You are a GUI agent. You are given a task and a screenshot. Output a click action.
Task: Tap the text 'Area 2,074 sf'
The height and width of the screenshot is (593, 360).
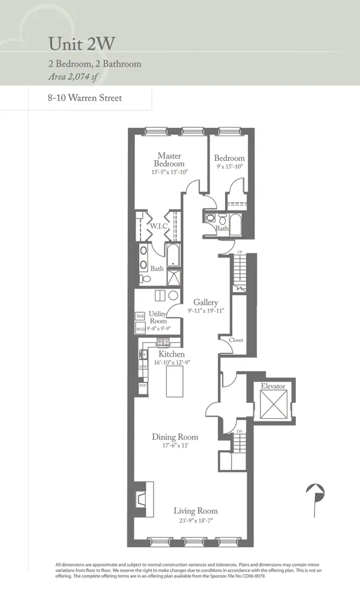pos(74,76)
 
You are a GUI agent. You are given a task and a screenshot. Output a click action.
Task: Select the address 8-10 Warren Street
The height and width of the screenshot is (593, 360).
pos(84,97)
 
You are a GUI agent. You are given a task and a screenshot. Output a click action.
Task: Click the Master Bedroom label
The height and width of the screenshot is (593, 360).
pos(169,160)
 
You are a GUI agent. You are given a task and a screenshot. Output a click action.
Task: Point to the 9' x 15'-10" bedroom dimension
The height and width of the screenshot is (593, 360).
pos(229,167)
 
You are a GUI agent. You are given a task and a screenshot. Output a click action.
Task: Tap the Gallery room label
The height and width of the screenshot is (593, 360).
pos(205,303)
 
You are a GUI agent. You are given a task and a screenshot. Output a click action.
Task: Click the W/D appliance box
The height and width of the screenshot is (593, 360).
pos(140,328)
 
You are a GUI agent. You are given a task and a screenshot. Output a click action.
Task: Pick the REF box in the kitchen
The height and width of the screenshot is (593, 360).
pos(143,385)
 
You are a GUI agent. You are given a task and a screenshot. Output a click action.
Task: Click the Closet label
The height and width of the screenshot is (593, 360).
pos(236,340)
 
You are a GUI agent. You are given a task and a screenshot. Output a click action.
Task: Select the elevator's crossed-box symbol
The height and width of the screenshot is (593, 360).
pos(272,403)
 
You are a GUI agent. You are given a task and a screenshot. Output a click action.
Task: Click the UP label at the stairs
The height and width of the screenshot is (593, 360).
pos(240,252)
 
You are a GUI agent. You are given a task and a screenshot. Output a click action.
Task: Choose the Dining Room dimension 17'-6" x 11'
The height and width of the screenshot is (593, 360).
pos(175,446)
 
